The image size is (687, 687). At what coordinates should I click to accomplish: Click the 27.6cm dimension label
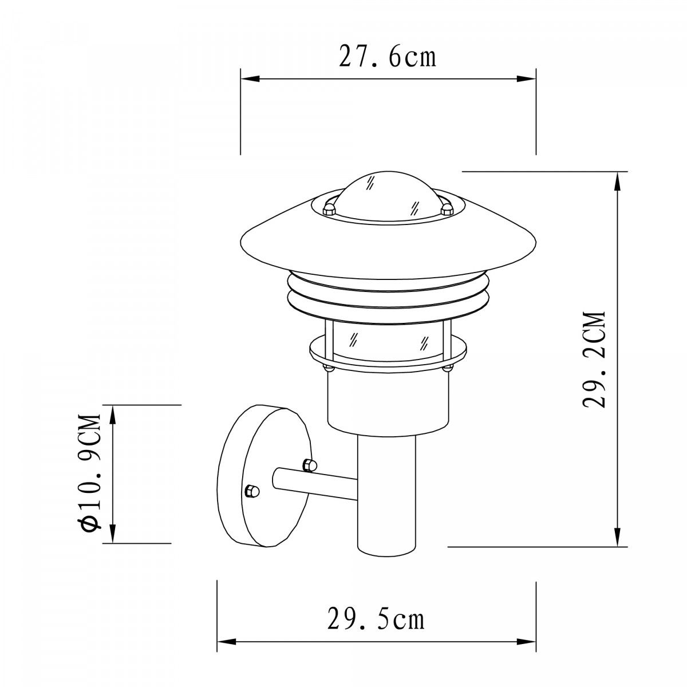(x=388, y=57)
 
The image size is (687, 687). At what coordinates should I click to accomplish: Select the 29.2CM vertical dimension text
(x=594, y=359)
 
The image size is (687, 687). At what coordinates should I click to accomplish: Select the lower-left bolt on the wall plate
(x=251, y=491)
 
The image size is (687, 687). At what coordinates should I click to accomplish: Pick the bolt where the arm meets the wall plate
(x=309, y=465)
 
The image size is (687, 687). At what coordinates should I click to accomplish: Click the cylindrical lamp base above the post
(x=387, y=401)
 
